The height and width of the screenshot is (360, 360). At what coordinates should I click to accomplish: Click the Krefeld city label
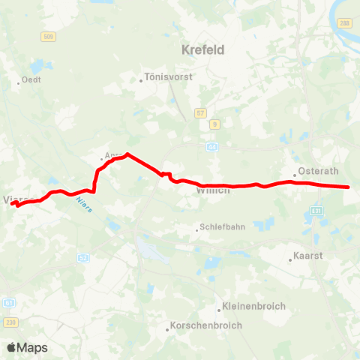click(x=203, y=50)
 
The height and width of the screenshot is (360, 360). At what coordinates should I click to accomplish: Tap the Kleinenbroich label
click(x=244, y=307)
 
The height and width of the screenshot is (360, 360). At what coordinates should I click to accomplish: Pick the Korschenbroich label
click(x=199, y=328)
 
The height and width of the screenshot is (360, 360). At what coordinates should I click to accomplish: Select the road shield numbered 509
click(x=49, y=36)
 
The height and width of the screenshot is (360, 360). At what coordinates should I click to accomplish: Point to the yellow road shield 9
click(x=214, y=124)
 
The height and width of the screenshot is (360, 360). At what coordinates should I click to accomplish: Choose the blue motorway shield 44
click(x=213, y=147)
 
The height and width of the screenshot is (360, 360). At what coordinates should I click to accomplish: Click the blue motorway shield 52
click(x=82, y=258)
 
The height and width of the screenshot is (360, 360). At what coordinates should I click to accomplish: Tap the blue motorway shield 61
click(x=9, y=303)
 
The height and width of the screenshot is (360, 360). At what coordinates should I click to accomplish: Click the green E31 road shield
click(x=316, y=211)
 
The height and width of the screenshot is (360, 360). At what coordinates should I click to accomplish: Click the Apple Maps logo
click(x=27, y=347)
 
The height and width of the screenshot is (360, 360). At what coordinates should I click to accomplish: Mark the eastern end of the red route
click(x=349, y=187)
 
